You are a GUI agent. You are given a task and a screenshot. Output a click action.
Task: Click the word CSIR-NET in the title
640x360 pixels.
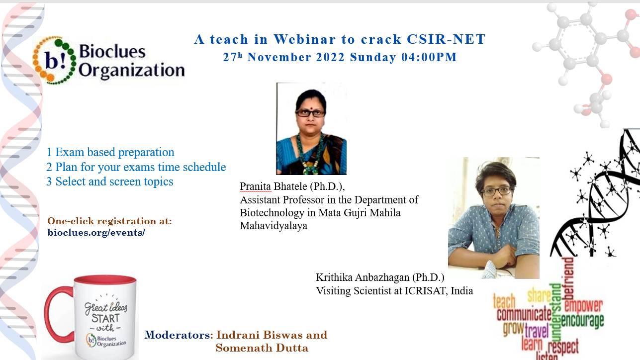(446, 39)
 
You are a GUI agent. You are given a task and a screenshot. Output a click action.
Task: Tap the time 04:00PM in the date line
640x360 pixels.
(429, 57)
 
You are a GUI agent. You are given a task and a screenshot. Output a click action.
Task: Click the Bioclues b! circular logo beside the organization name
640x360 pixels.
(55, 60)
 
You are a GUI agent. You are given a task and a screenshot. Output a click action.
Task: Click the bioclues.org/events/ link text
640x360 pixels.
(96, 233)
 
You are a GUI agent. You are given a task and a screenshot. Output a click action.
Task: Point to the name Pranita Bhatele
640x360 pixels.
(274, 186)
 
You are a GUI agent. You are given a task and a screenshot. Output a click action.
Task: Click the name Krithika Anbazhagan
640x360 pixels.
(363, 277)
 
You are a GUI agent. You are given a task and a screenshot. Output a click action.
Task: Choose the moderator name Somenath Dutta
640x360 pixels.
(262, 348)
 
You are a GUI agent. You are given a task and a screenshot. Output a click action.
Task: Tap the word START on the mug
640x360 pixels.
(105, 318)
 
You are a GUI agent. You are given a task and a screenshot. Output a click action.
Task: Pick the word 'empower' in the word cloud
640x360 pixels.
(583, 305)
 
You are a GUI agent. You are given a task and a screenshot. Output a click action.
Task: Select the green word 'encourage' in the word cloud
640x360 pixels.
(583, 321)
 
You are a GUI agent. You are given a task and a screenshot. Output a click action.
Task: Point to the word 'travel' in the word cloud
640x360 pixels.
(537, 332)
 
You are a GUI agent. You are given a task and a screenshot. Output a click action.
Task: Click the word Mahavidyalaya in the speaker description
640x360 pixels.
(274, 226)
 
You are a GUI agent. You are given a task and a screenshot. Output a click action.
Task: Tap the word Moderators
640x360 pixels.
(177, 335)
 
